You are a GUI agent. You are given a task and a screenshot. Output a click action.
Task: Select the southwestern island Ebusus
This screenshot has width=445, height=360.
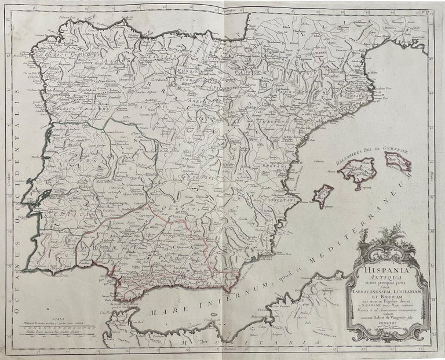[323, 195]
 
